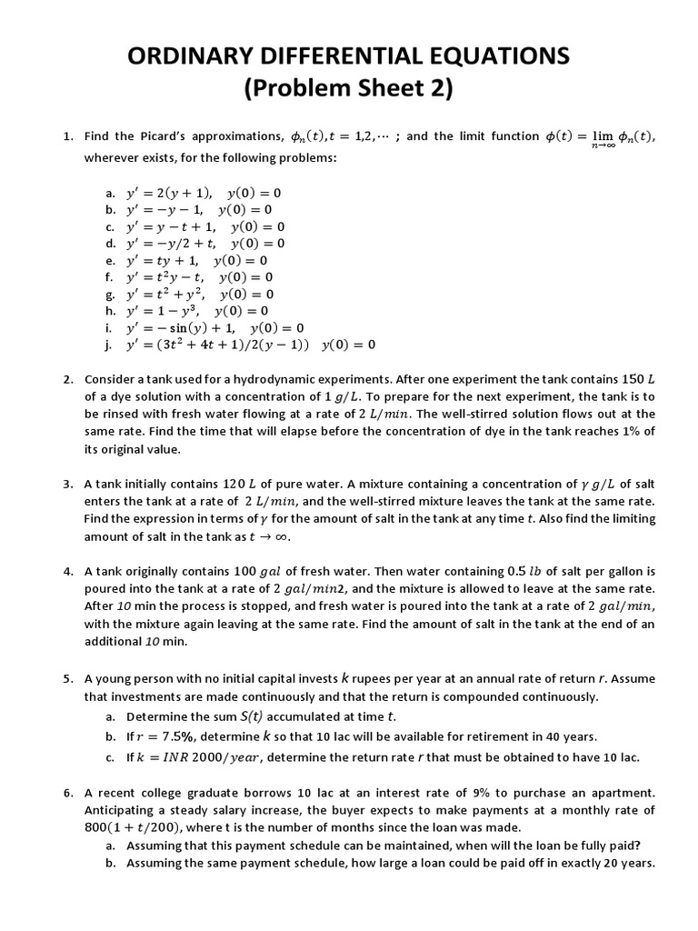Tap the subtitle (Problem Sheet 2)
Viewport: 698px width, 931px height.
point(348,89)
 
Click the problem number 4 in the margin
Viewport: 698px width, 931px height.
point(68,572)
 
